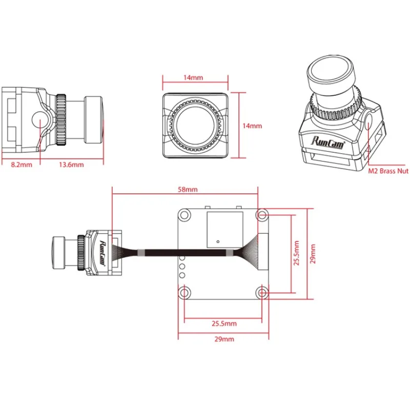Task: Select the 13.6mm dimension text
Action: (x=71, y=165)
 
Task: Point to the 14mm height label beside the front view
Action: (x=252, y=126)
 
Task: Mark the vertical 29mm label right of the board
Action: (x=313, y=254)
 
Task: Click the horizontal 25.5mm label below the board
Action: (x=224, y=323)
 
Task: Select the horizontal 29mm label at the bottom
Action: (x=223, y=339)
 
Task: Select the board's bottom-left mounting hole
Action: (x=183, y=293)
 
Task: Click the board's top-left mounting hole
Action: (x=183, y=214)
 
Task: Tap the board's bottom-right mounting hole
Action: (x=262, y=293)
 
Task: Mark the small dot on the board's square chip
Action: (x=217, y=240)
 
